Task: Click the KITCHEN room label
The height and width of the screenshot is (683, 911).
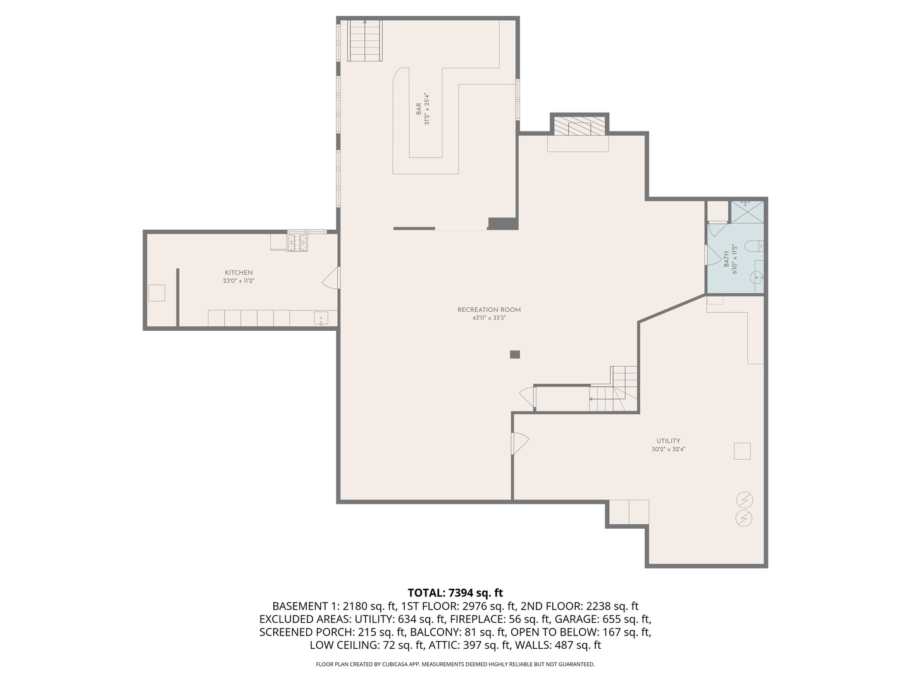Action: tap(239, 273)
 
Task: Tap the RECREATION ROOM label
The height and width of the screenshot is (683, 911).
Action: tap(489, 310)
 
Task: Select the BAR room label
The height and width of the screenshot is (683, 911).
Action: tap(418, 109)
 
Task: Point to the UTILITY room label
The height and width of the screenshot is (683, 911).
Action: tap(668, 441)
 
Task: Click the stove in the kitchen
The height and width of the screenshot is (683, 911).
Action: tap(297, 242)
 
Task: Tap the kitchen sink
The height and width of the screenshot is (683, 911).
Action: tap(321, 319)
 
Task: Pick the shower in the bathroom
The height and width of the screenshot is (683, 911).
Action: tap(747, 211)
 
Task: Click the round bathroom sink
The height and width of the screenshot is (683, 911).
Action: tap(756, 277)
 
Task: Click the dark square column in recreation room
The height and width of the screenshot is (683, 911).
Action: tap(515, 355)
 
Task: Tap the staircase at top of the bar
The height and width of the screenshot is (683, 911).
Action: tap(364, 41)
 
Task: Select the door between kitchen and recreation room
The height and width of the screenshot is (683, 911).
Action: tap(332, 278)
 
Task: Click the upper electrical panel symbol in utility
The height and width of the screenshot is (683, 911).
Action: tap(745, 500)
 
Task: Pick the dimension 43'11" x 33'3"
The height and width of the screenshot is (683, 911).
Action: tap(489, 318)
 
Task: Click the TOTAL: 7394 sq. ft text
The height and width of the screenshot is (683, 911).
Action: tap(455, 593)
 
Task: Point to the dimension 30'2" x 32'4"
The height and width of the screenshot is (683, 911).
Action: tap(668, 450)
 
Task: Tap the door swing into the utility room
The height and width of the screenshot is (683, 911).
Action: tap(519, 443)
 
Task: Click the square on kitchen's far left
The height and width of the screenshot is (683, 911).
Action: tap(156, 293)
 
